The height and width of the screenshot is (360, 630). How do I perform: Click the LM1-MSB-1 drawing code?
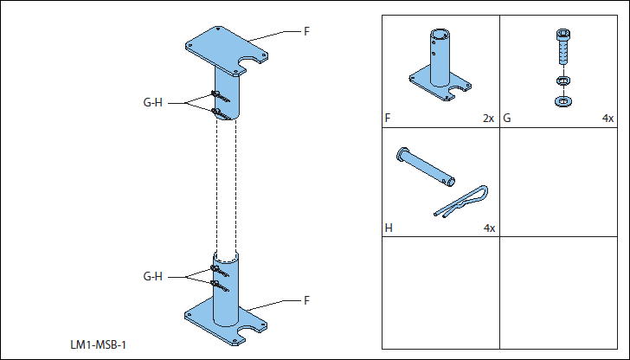click(99, 346)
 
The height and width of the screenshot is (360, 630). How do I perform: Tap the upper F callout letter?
click(306, 32)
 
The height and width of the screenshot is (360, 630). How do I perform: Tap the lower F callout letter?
click(306, 300)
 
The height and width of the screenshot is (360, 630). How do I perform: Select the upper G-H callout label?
click(152, 103)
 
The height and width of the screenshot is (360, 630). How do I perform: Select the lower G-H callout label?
click(152, 277)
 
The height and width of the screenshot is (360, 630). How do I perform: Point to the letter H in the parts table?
click(389, 228)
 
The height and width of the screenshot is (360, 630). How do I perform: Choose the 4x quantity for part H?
click(489, 228)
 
